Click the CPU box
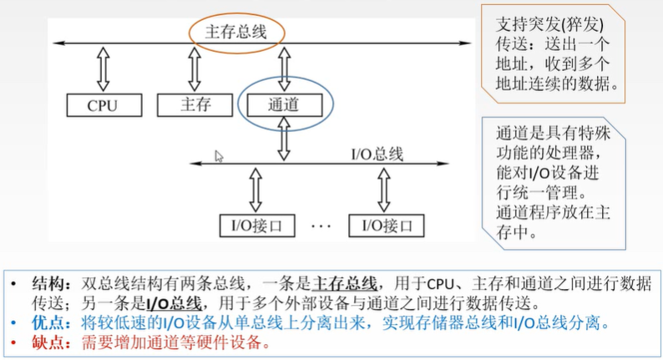click(x=103, y=104)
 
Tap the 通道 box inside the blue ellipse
click(x=284, y=105)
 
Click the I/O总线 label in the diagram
click(x=376, y=154)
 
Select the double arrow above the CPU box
click(x=103, y=68)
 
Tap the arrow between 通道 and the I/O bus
click(x=284, y=139)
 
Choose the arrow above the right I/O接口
click(x=386, y=190)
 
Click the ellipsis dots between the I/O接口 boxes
click(x=321, y=226)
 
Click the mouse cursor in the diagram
click(x=219, y=155)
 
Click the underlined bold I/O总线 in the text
click(x=176, y=303)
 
